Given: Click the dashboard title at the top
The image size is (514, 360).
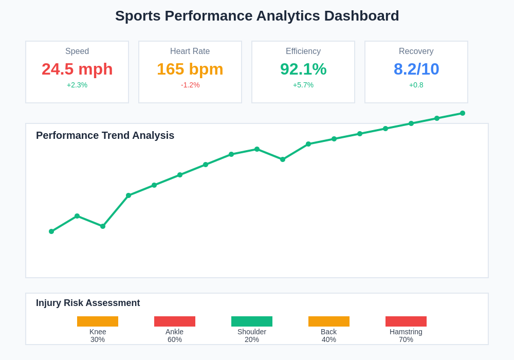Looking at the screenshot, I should pyautogui.click(x=257, y=16).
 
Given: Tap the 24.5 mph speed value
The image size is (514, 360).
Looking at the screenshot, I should pyautogui.click(x=77, y=69).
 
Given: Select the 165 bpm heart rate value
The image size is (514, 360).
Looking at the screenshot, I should pyautogui.click(x=190, y=69).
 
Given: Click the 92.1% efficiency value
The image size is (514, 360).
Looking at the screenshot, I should pyautogui.click(x=303, y=69).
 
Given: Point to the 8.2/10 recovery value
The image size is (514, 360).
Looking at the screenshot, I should pyautogui.click(x=416, y=69).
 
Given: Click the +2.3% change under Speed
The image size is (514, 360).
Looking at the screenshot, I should pyautogui.click(x=77, y=85).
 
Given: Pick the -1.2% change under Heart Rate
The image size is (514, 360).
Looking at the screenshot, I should pyautogui.click(x=190, y=85).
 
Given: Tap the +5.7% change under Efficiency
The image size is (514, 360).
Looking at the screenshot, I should pyautogui.click(x=303, y=85).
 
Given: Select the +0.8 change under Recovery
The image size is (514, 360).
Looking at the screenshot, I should pyautogui.click(x=416, y=85).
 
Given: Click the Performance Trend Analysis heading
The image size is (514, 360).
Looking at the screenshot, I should pyautogui.click(x=105, y=135).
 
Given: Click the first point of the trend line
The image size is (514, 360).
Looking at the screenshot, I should pyautogui.click(x=51, y=231).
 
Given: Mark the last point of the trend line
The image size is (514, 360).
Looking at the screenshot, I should pyautogui.click(x=463, y=113).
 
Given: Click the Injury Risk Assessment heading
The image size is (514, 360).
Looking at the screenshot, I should pyautogui.click(x=88, y=303).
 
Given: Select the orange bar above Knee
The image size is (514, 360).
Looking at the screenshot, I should pyautogui.click(x=98, y=321).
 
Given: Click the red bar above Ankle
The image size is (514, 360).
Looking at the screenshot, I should pyautogui.click(x=175, y=321).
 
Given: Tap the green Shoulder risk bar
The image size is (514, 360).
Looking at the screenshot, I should pyautogui.click(x=252, y=321).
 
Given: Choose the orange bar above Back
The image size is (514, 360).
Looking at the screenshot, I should pyautogui.click(x=329, y=321).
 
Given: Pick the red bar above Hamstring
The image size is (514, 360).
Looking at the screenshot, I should pyautogui.click(x=406, y=321).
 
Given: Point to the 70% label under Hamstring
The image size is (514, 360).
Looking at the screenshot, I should pyautogui.click(x=406, y=339).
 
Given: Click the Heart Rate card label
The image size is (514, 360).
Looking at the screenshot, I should pyautogui.click(x=190, y=51).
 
